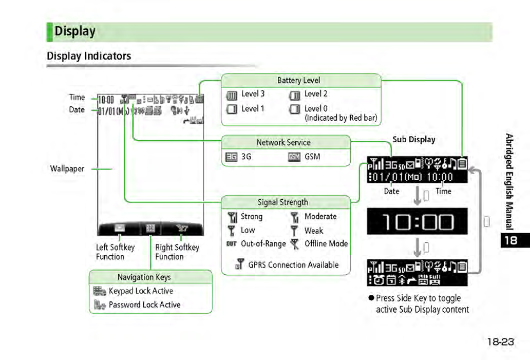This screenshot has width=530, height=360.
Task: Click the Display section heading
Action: tap(75, 31)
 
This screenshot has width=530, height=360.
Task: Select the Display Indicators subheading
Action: tap(89, 56)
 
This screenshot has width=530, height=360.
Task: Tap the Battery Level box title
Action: tap(298, 80)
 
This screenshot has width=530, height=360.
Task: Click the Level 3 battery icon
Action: tap(232, 95)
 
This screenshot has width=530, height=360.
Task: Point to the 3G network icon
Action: tap(232, 157)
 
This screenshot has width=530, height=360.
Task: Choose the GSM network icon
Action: tap(294, 157)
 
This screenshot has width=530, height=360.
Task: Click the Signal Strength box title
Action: tap(282, 202)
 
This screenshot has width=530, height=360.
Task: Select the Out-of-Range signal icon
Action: tap(232, 244)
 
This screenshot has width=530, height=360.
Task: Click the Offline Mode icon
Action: tap(294, 244)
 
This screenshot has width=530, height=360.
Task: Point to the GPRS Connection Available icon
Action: tap(239, 265)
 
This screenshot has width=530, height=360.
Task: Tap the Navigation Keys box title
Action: tap(144, 277)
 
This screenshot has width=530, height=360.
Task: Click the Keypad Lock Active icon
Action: tap(99, 291)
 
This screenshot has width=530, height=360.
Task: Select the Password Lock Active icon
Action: tap(99, 305)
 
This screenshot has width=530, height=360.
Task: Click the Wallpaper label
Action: tap(67, 168)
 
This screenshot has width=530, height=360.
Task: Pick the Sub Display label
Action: tap(414, 140)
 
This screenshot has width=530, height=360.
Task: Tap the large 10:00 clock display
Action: tap(417, 221)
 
